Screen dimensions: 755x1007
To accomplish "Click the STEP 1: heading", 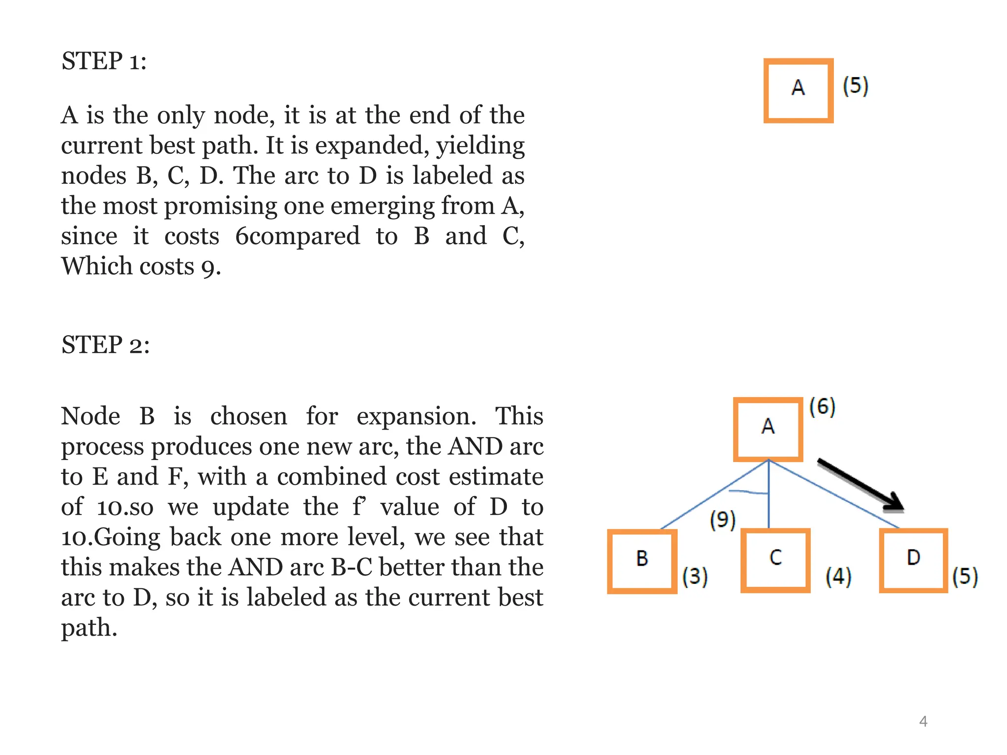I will [x=104, y=61].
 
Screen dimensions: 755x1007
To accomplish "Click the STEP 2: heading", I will [x=105, y=345].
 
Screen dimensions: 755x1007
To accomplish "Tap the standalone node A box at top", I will [x=798, y=90].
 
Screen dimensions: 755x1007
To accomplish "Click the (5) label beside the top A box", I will [x=856, y=86].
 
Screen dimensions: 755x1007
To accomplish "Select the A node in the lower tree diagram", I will [x=768, y=429].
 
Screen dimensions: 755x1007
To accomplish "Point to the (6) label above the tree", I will [x=822, y=407].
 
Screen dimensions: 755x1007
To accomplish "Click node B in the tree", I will [x=642, y=561].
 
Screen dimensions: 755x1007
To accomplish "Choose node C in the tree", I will [x=775, y=560].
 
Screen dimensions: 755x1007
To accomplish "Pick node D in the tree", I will [x=913, y=560].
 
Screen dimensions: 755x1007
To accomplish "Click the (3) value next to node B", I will [x=695, y=576].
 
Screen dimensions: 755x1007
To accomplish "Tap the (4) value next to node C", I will [x=838, y=577].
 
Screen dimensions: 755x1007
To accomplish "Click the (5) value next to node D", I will [x=965, y=577].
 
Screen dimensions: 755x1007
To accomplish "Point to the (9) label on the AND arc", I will [x=722, y=520].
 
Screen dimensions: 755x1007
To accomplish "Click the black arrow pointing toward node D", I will [x=860, y=485].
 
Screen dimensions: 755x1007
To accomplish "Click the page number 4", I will [x=923, y=721].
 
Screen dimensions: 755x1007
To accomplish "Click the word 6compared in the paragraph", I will [x=297, y=236].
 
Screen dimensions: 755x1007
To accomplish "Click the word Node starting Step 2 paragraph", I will [x=90, y=416].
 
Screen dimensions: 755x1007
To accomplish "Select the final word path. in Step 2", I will [x=89, y=628].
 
